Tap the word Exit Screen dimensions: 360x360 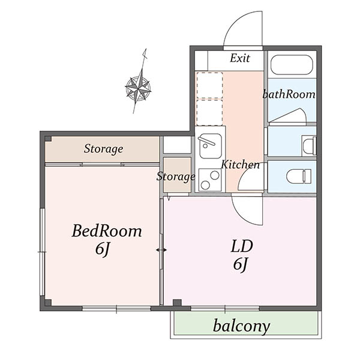tap(240, 58)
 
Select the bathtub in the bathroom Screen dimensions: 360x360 tap(292, 65)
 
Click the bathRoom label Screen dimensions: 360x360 tap(289, 94)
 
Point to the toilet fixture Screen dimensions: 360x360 tap(299, 176)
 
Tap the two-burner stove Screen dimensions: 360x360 tap(210, 180)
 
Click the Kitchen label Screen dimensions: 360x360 tap(241, 164)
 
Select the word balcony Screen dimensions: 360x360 tap(241, 326)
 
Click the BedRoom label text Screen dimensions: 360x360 tap(107, 231)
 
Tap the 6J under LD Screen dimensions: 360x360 tap(240, 265)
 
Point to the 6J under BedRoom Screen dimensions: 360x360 tap(102, 249)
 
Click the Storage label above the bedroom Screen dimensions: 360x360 tap(103, 149)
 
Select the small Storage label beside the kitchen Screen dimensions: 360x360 tap(176, 176)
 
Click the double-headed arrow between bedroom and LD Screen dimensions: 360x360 tap(161, 250)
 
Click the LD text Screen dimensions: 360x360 tap(242, 246)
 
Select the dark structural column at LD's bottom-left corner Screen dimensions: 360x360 tap(177, 302)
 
